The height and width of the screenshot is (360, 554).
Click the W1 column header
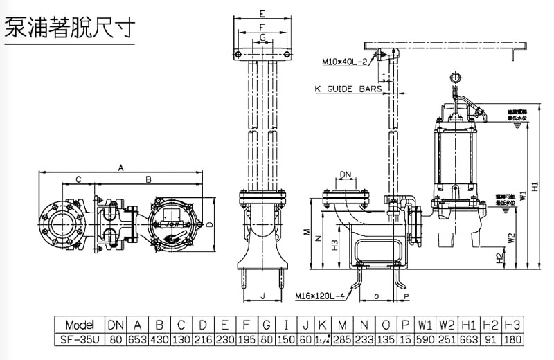point(425,325)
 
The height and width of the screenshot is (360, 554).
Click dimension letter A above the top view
point(120,168)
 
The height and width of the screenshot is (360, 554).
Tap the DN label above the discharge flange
point(345,174)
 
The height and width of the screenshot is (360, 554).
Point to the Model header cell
point(81,325)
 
